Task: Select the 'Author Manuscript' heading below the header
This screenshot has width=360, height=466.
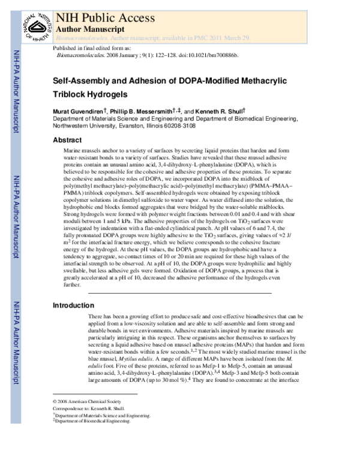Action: (89, 28)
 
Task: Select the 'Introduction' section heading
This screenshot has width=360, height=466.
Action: (73, 306)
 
